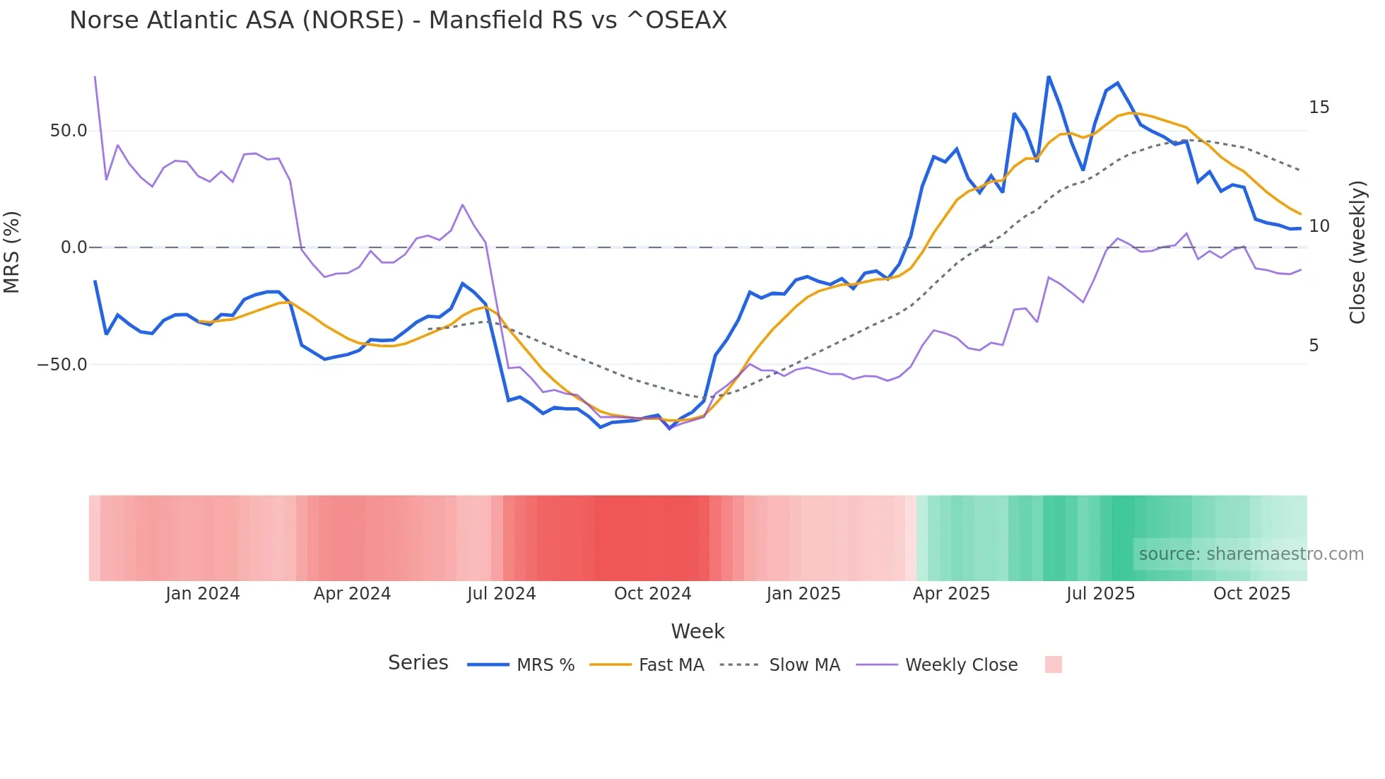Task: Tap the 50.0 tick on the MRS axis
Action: (69, 131)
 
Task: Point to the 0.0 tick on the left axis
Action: (74, 247)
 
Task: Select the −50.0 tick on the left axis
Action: (62, 365)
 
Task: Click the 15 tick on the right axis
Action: (1319, 107)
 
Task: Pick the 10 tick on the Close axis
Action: (1319, 226)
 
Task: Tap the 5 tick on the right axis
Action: (1314, 346)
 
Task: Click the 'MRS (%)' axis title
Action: (12, 252)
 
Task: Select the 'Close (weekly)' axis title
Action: (1357, 252)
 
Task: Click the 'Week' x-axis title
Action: (697, 631)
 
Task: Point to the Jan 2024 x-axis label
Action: (203, 594)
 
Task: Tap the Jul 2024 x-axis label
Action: (501, 594)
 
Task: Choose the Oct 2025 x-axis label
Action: (1251, 594)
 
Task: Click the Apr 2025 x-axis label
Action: (951, 594)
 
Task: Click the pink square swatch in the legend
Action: (1053, 664)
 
